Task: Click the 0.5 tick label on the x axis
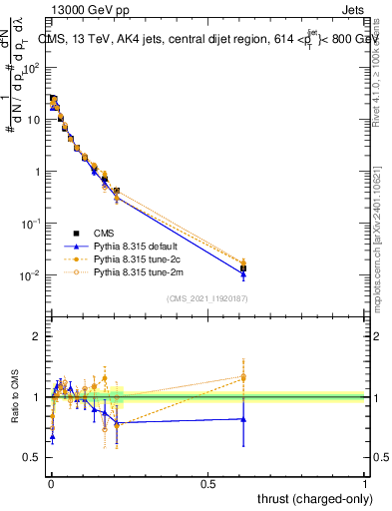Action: pyautogui.click(x=207, y=482)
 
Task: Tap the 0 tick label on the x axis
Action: pyautogui.click(x=50, y=482)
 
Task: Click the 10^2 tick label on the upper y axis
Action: pyautogui.click(x=32, y=67)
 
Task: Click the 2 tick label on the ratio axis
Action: pyautogui.click(x=37, y=336)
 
